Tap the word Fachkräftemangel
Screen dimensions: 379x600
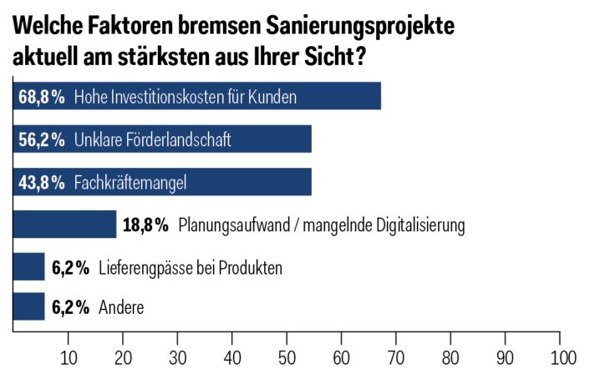click(x=130, y=182)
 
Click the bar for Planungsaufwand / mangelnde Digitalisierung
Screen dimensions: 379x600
click(x=64, y=224)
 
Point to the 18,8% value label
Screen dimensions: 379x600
click(x=146, y=225)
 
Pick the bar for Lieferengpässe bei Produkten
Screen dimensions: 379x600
click(x=28, y=267)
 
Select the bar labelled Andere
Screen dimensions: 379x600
click(x=28, y=307)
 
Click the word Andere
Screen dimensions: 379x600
click(x=121, y=308)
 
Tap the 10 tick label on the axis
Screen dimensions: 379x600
click(x=69, y=358)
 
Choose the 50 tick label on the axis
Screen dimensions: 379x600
click(x=287, y=358)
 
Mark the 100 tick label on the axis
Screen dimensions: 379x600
click(x=562, y=358)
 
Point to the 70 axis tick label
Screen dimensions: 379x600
click(x=396, y=358)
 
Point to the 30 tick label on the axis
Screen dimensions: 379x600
click(x=177, y=358)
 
